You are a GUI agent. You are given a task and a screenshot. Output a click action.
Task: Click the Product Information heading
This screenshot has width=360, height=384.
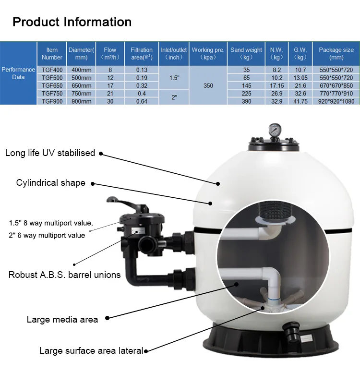[x=72, y=22]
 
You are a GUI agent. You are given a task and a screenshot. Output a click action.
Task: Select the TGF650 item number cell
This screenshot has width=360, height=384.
[x=52, y=85]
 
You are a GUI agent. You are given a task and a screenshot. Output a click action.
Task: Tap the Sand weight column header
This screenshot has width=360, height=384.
[x=246, y=53]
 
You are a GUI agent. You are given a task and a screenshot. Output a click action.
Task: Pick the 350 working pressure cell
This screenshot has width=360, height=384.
[x=208, y=85]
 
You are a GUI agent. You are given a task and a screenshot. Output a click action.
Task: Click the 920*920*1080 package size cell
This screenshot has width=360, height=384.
[x=336, y=101]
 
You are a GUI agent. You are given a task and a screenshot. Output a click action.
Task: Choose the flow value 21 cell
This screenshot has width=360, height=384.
[x=110, y=93]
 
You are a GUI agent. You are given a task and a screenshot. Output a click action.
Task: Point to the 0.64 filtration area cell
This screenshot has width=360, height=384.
[x=142, y=101]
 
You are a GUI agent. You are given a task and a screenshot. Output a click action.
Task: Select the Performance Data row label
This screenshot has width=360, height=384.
[x=18, y=73]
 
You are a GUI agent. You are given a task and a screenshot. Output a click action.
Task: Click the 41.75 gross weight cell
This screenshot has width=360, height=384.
[x=300, y=101]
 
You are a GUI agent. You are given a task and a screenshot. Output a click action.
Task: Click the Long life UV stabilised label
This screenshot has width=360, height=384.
[x=50, y=153]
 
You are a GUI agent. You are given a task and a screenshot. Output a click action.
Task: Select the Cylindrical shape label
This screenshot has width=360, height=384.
[x=50, y=183]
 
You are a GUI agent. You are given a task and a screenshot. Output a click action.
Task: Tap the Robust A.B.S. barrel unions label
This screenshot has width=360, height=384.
[x=64, y=275]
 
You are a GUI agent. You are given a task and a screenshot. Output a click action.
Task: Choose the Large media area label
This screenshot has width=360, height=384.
[x=62, y=319]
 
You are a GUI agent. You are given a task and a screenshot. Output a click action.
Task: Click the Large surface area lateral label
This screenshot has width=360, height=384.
[x=91, y=351]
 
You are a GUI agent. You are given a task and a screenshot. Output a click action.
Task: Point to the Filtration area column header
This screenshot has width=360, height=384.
[x=142, y=53]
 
